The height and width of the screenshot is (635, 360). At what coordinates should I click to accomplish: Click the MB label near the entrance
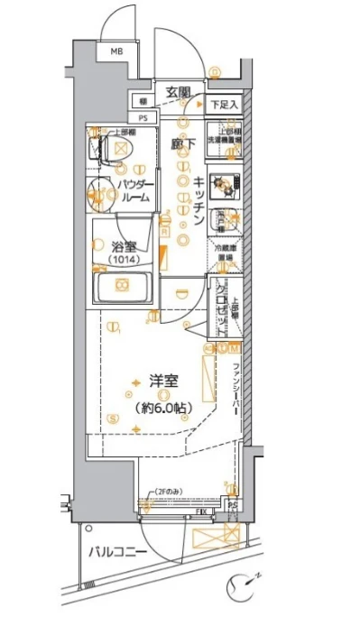pos(116,52)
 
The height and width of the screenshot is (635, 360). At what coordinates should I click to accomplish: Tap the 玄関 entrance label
pos(178,91)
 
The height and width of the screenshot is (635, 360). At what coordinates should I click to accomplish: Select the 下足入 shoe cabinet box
pos(225,105)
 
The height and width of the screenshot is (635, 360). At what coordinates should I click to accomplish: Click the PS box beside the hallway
pos(142,117)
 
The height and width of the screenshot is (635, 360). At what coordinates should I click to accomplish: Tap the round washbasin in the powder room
pos(99,191)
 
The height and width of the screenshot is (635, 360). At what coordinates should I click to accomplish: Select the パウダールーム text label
pos(134,190)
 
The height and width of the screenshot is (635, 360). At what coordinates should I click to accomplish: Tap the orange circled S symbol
pos(111,418)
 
